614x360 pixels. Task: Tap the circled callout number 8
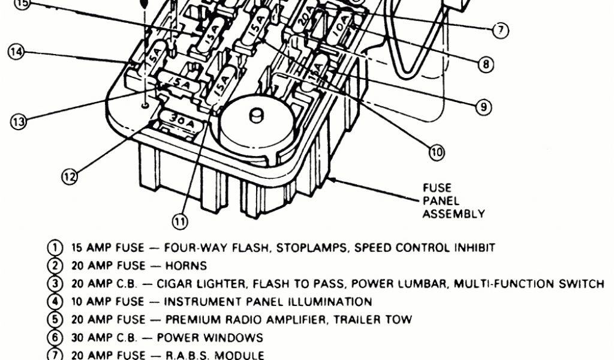[485, 64]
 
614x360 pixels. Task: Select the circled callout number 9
[483, 107]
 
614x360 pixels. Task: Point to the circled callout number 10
[437, 152]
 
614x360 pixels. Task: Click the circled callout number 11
[180, 221]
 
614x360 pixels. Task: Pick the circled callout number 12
[70, 176]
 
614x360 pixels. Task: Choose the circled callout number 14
[16, 52]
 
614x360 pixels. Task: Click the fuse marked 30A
[179, 119]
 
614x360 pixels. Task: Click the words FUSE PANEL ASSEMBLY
[453, 201]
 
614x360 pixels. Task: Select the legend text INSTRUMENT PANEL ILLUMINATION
[267, 302]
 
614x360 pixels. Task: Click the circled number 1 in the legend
[55, 247]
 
